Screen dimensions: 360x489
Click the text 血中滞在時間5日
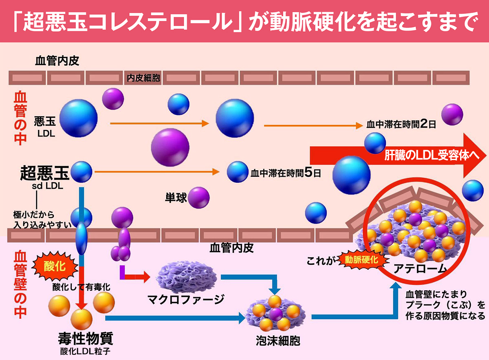(x=286, y=173)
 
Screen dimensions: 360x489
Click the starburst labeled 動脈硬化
(x=362, y=259)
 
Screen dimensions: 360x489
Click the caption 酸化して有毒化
(x=81, y=287)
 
